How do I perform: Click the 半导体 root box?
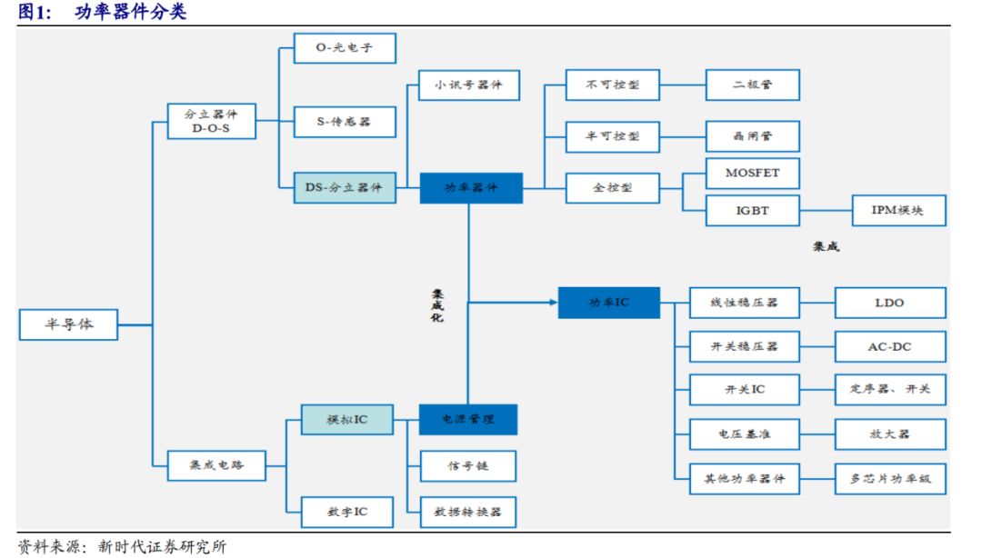[x=68, y=324]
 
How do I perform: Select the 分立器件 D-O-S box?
[x=212, y=122]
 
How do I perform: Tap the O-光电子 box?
[x=345, y=48]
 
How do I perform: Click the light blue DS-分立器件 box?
[x=345, y=188]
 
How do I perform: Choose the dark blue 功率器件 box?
[x=471, y=188]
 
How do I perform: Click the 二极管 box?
[x=753, y=85]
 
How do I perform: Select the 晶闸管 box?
[x=753, y=136]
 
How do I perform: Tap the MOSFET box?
[x=753, y=173]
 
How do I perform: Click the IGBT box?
[x=753, y=211]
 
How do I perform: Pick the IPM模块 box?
[x=898, y=211]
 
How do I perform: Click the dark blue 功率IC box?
[x=609, y=302]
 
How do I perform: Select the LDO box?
[x=889, y=303]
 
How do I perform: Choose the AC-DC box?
[x=889, y=346]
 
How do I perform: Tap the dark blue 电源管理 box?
[x=468, y=420]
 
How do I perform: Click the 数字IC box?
[x=347, y=513]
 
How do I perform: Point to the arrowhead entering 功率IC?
[x=553, y=302]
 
